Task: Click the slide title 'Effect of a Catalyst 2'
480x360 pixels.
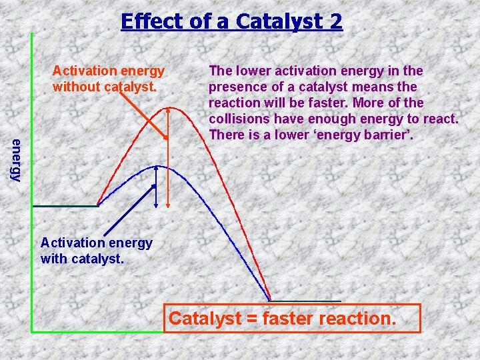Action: click(x=231, y=21)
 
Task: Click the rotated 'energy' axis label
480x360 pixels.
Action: click(x=15, y=159)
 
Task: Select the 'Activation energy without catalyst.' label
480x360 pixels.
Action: click(x=109, y=79)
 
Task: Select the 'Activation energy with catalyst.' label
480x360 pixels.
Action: click(x=96, y=251)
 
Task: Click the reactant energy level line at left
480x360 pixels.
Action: click(x=65, y=206)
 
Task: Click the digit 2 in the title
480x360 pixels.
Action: click(x=335, y=21)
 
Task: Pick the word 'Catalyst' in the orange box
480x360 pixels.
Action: click(x=204, y=319)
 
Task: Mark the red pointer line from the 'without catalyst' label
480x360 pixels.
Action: click(x=142, y=113)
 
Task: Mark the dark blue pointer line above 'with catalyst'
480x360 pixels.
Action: click(x=126, y=215)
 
